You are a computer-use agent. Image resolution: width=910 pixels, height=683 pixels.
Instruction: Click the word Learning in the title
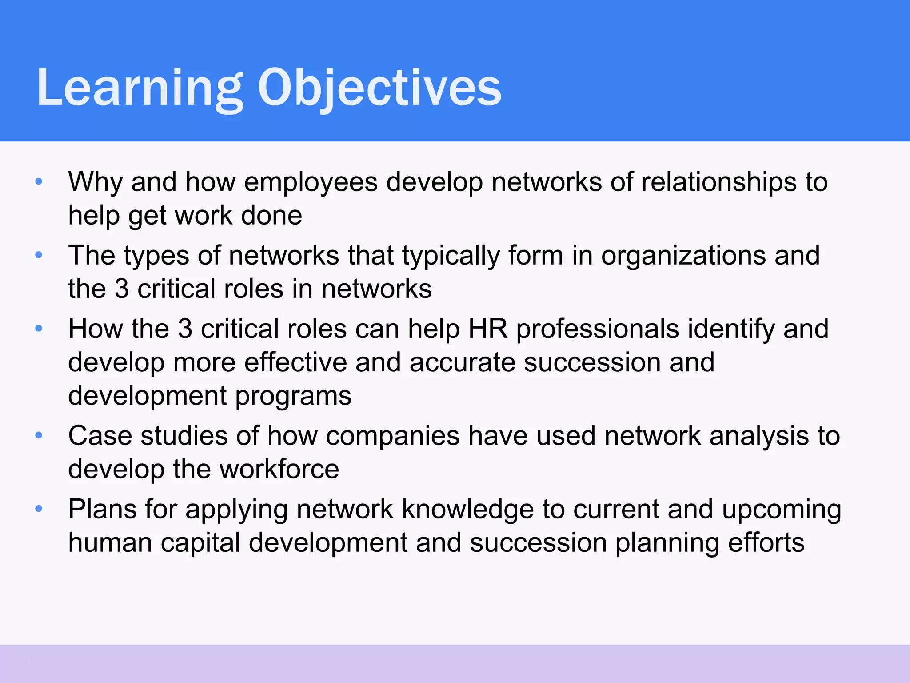[140, 88]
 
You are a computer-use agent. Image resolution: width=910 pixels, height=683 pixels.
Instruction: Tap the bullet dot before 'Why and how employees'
[39, 181]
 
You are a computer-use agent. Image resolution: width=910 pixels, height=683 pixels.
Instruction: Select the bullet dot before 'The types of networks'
[39, 255]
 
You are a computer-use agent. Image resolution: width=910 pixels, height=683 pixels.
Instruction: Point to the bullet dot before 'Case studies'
[39, 435]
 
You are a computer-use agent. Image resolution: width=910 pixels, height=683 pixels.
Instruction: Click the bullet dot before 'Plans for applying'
[39, 509]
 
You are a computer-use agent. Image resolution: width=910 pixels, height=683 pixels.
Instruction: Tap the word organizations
[683, 256]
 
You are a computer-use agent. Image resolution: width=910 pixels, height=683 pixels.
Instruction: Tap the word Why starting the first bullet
[95, 182]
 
